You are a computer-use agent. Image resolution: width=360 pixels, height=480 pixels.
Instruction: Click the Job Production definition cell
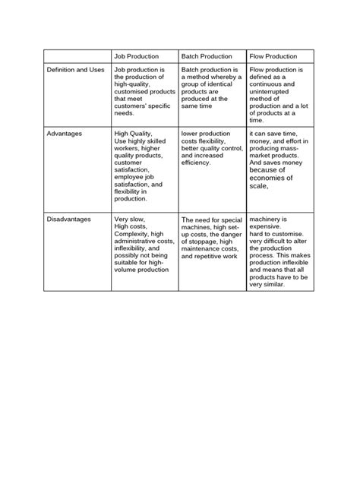pyautogui.click(x=144, y=91)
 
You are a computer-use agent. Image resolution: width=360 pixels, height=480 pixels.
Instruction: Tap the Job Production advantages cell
pyautogui.click(x=144, y=166)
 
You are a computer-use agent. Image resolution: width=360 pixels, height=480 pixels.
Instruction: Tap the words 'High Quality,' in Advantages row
pyautogui.click(x=133, y=134)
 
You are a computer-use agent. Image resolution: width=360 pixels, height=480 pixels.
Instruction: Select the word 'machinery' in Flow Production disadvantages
pyautogui.click(x=266, y=219)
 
